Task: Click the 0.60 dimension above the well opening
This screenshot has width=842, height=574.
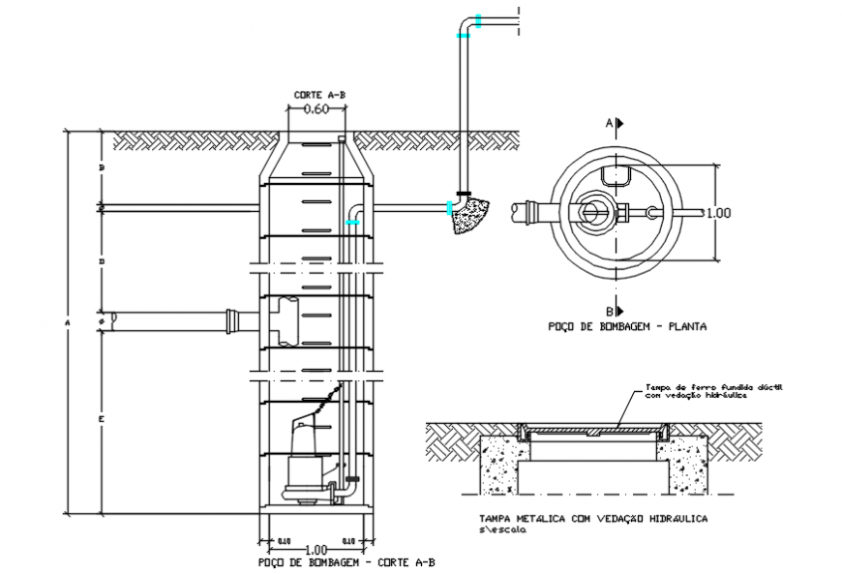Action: [x=316, y=109]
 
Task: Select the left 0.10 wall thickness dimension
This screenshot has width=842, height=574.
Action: [x=284, y=541]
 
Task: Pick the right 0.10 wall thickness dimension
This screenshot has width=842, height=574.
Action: [x=348, y=541]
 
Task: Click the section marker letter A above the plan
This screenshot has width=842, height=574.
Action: [x=608, y=124]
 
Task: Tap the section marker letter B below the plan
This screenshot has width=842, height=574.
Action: [x=608, y=311]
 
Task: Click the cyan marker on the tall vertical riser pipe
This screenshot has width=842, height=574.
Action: [x=463, y=36]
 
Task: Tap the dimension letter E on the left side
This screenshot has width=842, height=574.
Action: [x=101, y=418]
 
